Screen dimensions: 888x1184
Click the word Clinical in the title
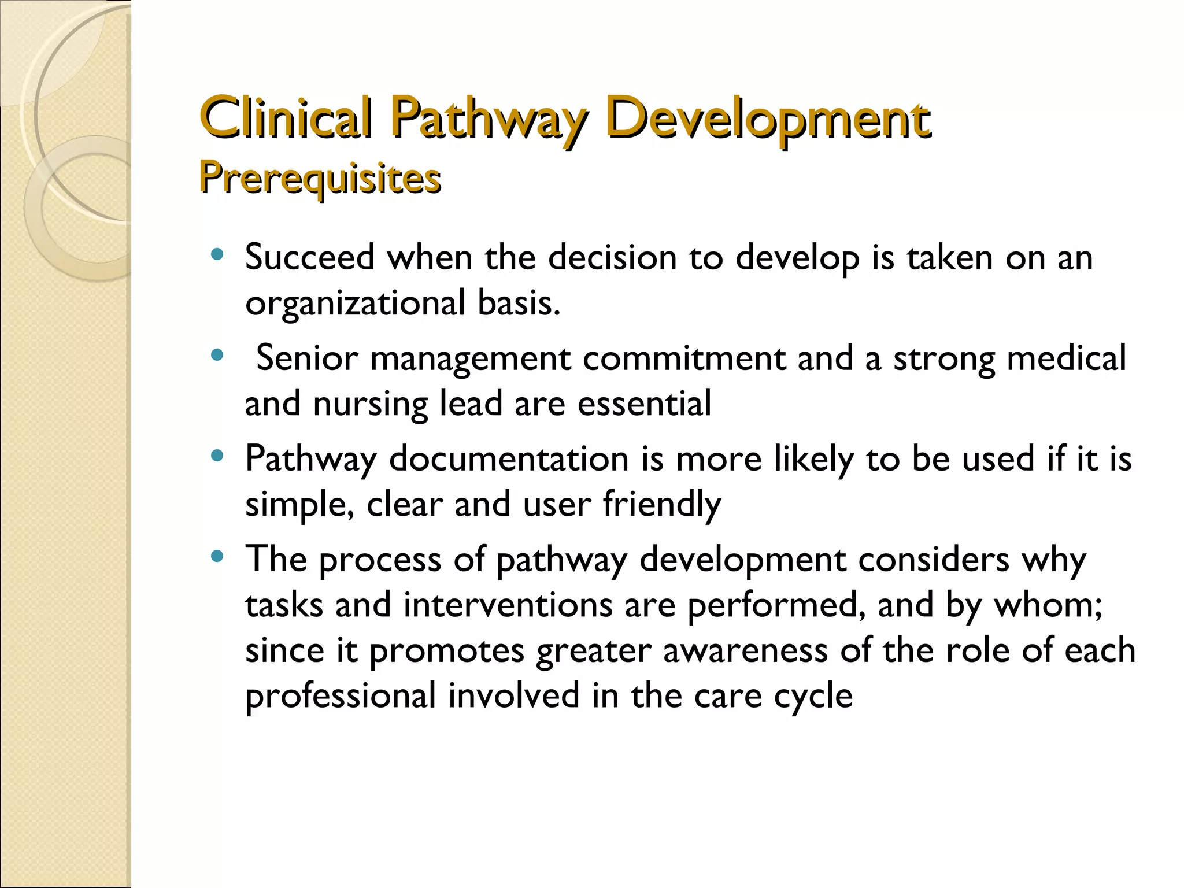(x=286, y=119)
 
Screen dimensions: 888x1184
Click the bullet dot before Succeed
(x=217, y=254)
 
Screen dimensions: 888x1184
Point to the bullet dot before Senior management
(x=217, y=355)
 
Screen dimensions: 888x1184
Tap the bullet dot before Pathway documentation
(x=217, y=456)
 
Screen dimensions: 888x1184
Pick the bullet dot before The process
(x=217, y=557)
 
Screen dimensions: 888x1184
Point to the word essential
(x=644, y=403)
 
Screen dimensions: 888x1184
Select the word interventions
(x=508, y=605)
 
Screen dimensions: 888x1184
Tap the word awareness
(x=745, y=650)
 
